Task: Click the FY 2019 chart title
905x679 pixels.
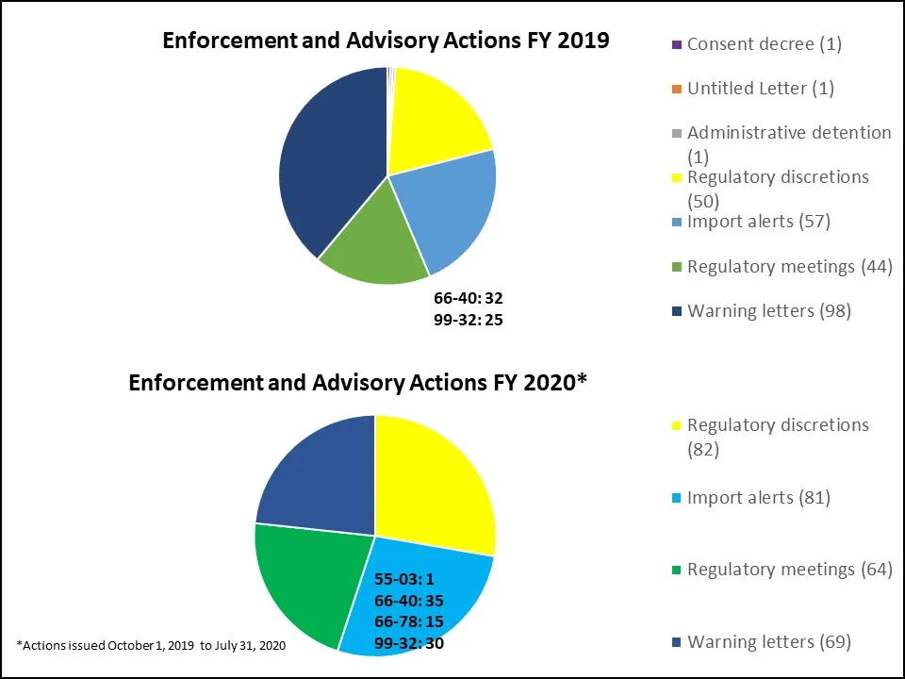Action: (x=387, y=41)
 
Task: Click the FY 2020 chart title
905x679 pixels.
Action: (x=358, y=383)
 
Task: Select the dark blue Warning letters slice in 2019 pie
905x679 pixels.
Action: (x=330, y=160)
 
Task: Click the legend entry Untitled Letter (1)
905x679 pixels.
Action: (x=760, y=89)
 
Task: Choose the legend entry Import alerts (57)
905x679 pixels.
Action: (x=758, y=222)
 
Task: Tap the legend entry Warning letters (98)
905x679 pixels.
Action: (x=768, y=311)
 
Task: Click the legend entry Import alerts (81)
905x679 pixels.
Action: (x=758, y=497)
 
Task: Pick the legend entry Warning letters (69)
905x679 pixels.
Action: (x=768, y=642)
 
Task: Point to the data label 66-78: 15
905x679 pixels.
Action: (x=409, y=622)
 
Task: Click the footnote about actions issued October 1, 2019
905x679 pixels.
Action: (x=151, y=645)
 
